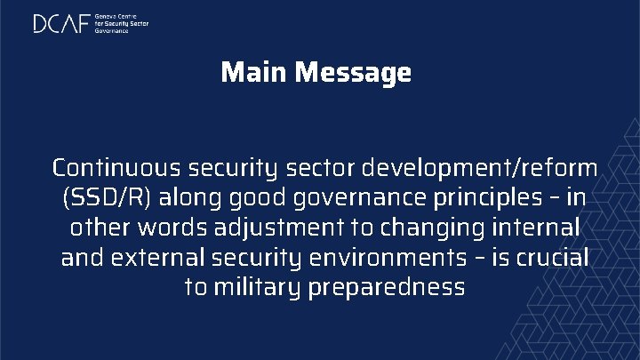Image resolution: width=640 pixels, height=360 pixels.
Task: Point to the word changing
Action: (430, 228)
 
